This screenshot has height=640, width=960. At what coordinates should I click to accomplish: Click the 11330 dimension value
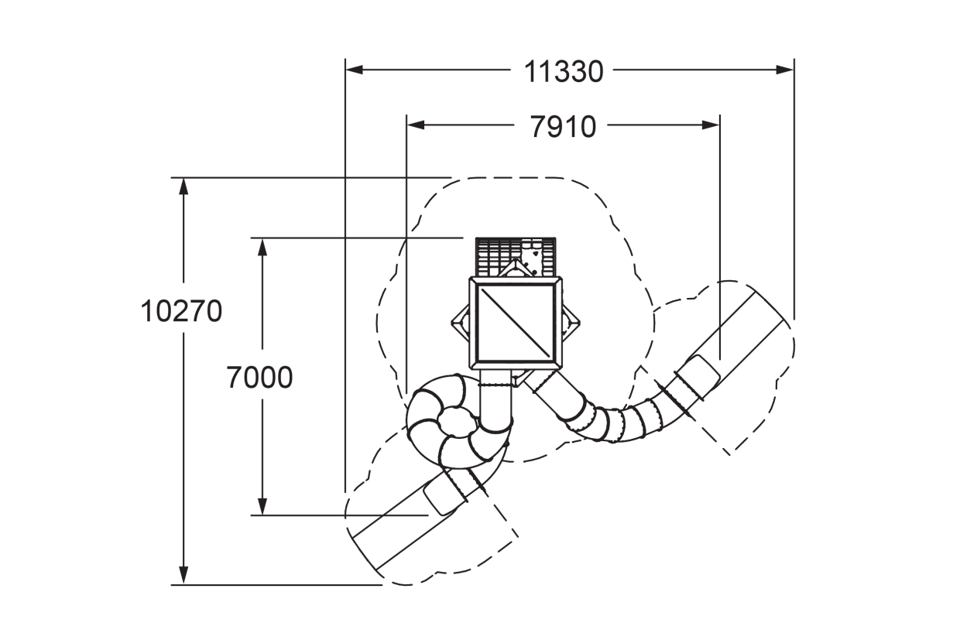pyautogui.click(x=564, y=71)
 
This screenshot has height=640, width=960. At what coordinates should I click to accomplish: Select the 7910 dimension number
pyautogui.click(x=563, y=127)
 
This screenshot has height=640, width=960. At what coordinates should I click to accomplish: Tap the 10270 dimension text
pyautogui.click(x=181, y=311)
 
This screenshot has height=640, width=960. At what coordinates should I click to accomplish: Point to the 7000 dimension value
pyautogui.click(x=259, y=378)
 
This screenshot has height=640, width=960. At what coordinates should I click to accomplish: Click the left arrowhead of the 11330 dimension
pyautogui.click(x=355, y=70)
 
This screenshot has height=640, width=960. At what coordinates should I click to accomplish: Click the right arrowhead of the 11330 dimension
pyautogui.click(x=785, y=70)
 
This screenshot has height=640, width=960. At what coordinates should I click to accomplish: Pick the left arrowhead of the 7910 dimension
pyautogui.click(x=416, y=125)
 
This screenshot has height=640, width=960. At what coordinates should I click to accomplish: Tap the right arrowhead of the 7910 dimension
pyautogui.click(x=711, y=125)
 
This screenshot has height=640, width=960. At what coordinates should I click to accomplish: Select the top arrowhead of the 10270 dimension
pyautogui.click(x=183, y=187)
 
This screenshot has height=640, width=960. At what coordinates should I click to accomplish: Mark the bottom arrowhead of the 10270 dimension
pyautogui.click(x=183, y=575)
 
